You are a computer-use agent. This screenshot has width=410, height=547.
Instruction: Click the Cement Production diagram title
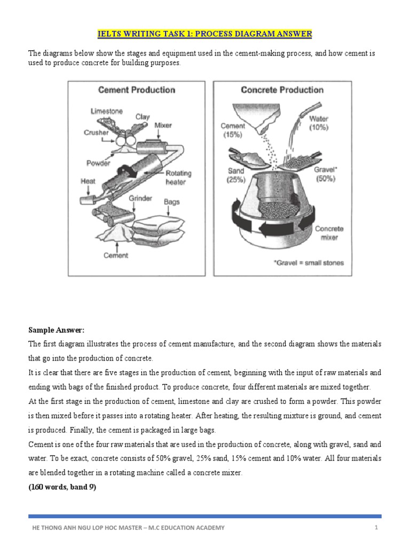pyautogui.click(x=136, y=90)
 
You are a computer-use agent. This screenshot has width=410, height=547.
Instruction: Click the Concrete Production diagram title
pyautogui.click(x=282, y=90)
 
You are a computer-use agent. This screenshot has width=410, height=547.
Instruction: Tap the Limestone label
pyautogui.click(x=106, y=111)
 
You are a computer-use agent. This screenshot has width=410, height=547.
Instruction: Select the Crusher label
pyautogui.click(x=96, y=132)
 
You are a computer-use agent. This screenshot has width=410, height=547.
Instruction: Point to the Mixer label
pyautogui.click(x=163, y=126)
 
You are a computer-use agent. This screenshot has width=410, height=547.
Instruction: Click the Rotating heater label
pyautogui.click(x=178, y=177)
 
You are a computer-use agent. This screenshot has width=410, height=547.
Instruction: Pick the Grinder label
pyautogui.click(x=140, y=198)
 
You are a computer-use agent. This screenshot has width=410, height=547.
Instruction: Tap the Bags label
pyautogui.click(x=172, y=202)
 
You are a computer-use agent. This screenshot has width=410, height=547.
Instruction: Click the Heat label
pyautogui.click(x=88, y=181)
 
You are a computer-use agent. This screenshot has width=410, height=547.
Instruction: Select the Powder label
pyautogui.click(x=98, y=163)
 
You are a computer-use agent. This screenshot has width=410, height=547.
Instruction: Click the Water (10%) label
pyautogui.click(x=319, y=123)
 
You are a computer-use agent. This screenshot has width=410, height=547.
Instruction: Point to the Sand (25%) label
pyautogui.click(x=235, y=175)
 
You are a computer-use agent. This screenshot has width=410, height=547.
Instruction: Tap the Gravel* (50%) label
pyautogui.click(x=325, y=174)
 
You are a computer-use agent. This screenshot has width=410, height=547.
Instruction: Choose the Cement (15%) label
pyautogui.click(x=233, y=130)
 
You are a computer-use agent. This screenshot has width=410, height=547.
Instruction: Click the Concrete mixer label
pyautogui.click(x=329, y=233)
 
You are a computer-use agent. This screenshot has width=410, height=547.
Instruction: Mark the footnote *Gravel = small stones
pyautogui.click(x=309, y=263)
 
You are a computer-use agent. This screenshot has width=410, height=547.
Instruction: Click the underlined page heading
pyautogui.click(x=204, y=34)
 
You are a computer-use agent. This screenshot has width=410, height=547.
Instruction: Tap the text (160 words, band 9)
pyautogui.click(x=62, y=487)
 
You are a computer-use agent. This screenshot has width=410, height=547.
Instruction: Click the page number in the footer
pyautogui.click(x=376, y=528)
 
